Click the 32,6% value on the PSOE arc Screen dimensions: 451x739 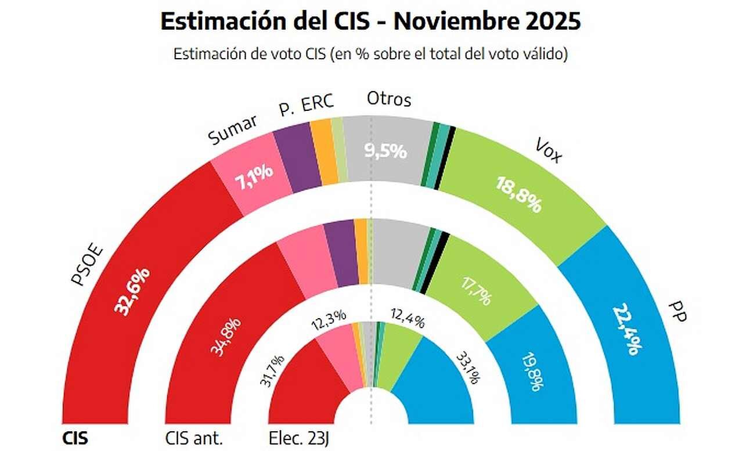tap(134, 290)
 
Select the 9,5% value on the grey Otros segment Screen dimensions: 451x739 tap(385, 151)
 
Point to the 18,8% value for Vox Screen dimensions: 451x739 tap(518, 194)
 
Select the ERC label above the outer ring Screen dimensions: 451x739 tap(319, 102)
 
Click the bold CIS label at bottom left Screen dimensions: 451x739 tap(75, 438)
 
